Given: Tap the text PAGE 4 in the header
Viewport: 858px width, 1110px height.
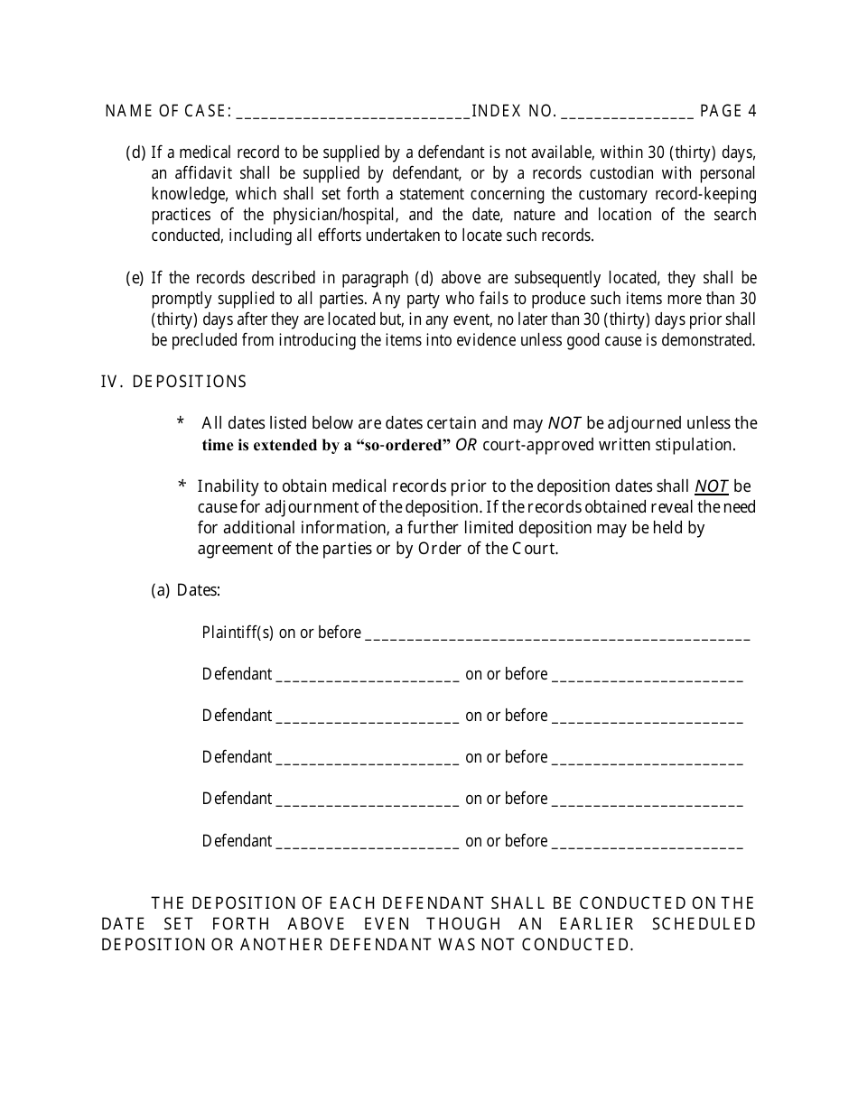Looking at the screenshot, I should point(728,111).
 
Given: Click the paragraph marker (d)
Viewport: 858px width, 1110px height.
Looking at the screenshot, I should point(135,153).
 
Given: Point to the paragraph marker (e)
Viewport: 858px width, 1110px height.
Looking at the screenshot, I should point(135,277).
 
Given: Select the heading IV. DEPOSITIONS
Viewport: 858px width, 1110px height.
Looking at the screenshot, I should point(173,382).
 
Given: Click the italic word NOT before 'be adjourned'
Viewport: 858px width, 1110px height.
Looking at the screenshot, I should point(558,423).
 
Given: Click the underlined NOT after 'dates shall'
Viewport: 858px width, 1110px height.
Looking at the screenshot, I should point(712,486).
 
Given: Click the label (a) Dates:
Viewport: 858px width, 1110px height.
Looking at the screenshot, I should point(185,590).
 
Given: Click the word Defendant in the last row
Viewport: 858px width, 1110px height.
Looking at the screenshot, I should point(237,841).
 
